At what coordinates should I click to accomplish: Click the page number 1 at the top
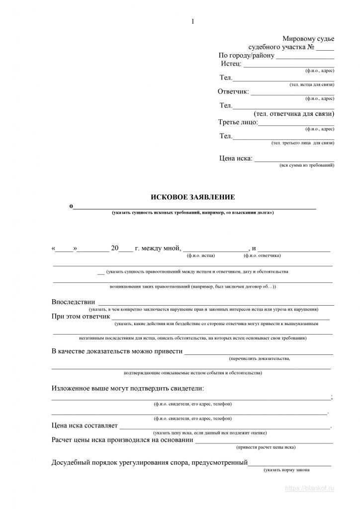[192, 21]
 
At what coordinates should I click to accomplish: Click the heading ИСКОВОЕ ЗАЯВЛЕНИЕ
[192, 197]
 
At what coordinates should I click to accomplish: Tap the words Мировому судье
[308, 39]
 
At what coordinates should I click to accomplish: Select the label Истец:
[231, 64]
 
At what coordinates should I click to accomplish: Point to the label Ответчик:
[233, 91]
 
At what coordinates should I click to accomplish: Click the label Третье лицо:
[238, 122]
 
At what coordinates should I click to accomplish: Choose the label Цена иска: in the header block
[236, 159]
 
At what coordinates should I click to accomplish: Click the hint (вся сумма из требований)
[307, 165]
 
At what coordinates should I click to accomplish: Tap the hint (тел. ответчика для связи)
[294, 114]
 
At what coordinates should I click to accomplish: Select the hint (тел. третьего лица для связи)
[303, 143]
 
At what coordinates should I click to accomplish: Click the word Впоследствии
[73, 302]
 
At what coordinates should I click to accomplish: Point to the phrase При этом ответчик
[81, 316]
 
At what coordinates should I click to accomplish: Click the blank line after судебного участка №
[325, 49]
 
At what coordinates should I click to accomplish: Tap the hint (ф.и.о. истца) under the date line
[201, 255]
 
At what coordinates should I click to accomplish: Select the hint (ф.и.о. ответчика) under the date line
[262, 255]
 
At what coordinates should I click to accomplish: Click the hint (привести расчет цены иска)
[266, 447]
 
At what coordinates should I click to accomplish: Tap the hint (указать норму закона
[287, 470]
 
